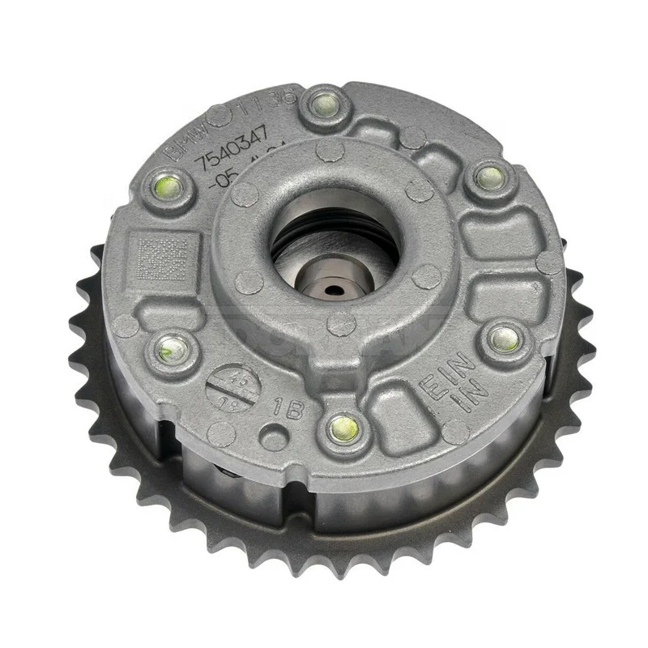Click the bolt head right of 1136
tap(322, 104)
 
